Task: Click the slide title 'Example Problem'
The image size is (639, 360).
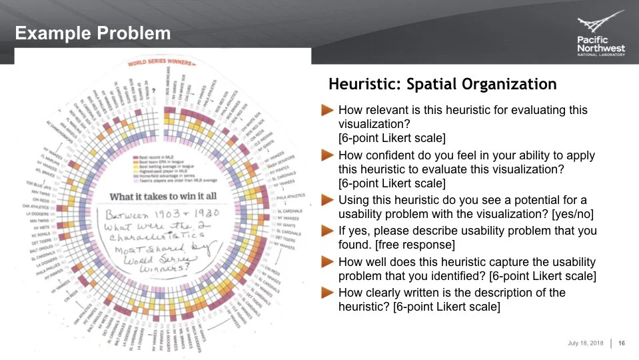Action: coord(93,33)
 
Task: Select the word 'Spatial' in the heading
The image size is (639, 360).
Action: coord(442,85)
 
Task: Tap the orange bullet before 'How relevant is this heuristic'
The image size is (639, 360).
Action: coord(326,110)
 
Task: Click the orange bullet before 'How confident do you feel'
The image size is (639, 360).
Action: coord(326,155)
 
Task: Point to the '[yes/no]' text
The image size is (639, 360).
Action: coord(570,215)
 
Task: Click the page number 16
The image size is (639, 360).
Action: coord(622,343)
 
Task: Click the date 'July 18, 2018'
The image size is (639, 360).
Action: coord(585,343)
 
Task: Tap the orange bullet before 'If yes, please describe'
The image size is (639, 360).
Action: coord(326,230)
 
